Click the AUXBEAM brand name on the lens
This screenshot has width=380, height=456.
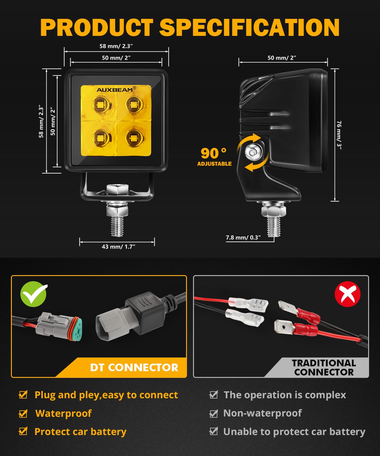[115, 90]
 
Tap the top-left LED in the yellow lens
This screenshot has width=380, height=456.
[100, 105]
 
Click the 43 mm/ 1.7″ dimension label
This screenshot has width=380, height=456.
[118, 247]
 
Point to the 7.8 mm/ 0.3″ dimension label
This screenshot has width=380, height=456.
[243, 237]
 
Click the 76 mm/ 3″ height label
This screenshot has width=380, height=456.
[339, 135]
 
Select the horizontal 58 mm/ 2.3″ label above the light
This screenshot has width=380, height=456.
[116, 46]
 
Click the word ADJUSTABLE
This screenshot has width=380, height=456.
[214, 164]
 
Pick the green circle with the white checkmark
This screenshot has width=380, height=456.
[33, 294]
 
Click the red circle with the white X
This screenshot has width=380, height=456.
[347, 294]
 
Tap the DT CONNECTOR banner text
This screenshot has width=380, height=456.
[134, 368]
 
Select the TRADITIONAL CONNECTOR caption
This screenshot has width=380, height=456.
[324, 368]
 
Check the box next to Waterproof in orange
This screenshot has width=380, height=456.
[23, 413]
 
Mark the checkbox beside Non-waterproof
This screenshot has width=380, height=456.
[214, 413]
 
